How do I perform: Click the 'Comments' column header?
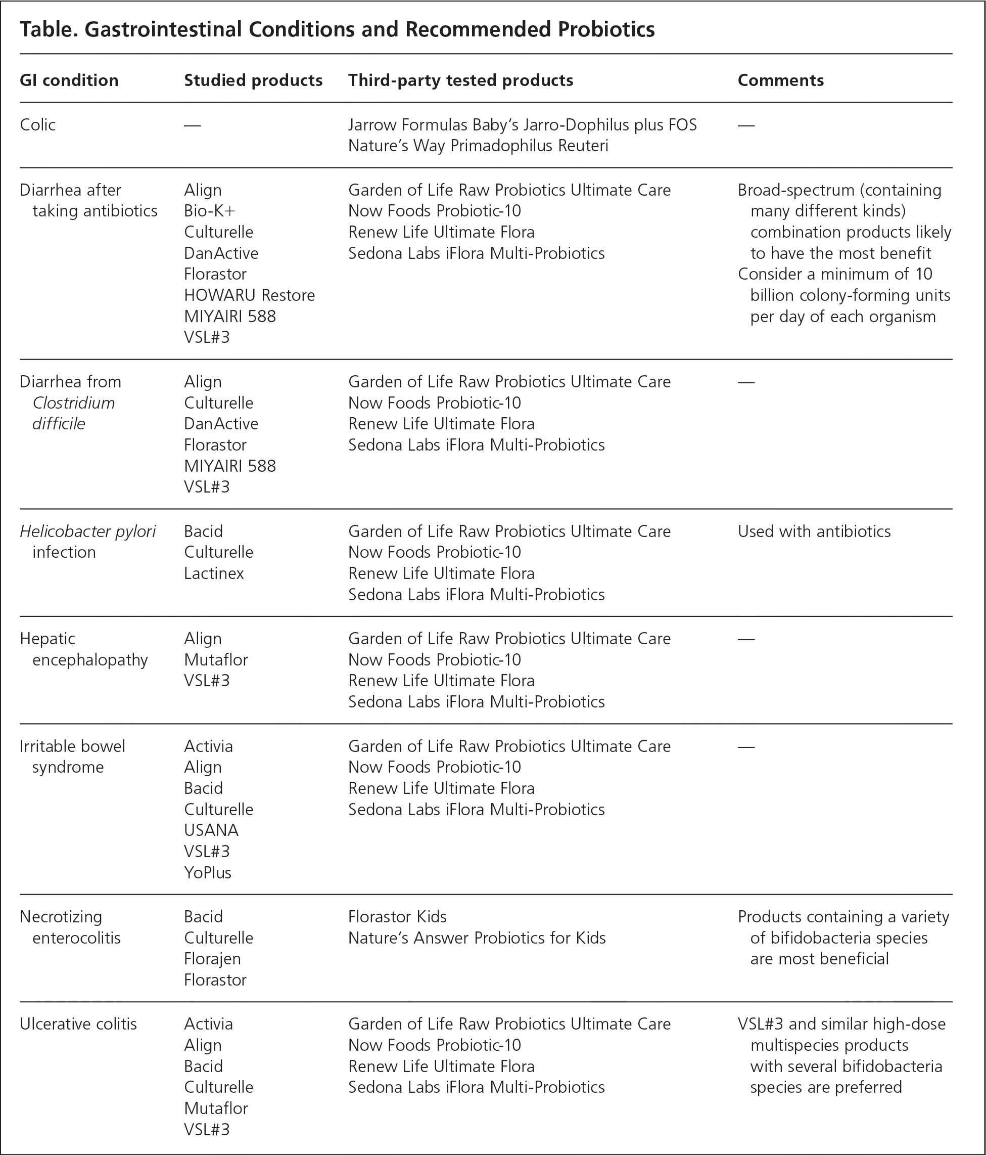tap(780, 80)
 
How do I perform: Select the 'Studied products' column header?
tap(253, 80)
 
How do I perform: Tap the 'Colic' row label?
tap(37, 124)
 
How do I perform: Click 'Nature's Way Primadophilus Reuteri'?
tap(478, 146)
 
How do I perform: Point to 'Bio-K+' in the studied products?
tap(210, 211)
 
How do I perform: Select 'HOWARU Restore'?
tap(249, 295)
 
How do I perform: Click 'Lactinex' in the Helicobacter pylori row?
tap(214, 573)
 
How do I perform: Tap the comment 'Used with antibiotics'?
tap(814, 531)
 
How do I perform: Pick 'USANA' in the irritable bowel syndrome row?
tap(211, 830)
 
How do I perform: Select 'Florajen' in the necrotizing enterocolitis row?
tap(212, 958)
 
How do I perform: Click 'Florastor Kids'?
tap(397, 917)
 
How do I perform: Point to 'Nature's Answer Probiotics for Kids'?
tap(477, 938)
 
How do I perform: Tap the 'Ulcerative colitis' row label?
tap(78, 1024)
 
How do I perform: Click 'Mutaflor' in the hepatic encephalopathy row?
tap(216, 659)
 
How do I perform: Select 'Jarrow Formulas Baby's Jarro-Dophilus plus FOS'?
tap(522, 124)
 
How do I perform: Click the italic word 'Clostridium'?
tap(74, 403)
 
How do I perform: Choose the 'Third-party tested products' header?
tap(460, 80)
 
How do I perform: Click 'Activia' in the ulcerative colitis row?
tap(208, 1024)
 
